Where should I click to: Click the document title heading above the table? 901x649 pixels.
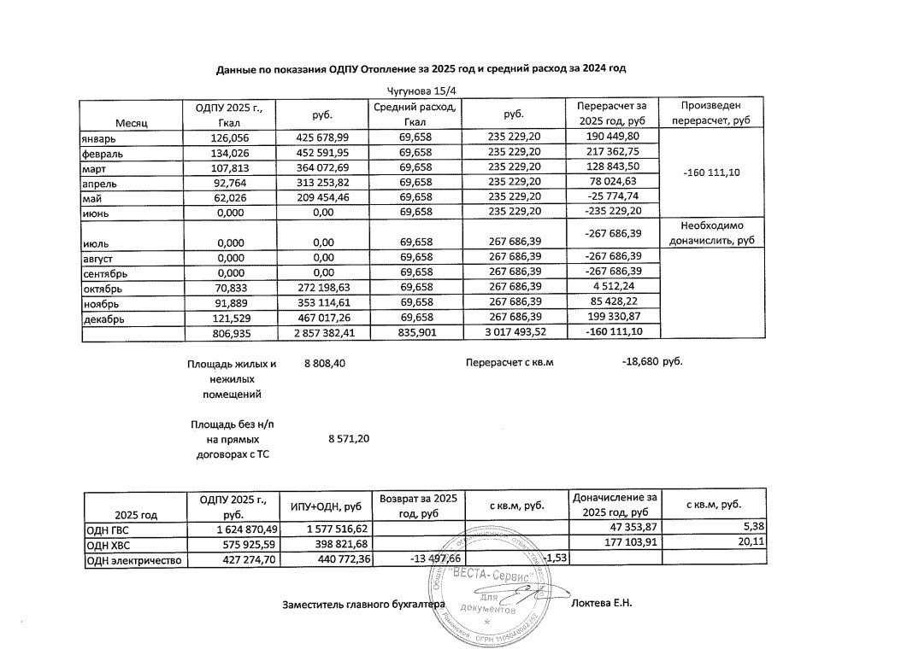[427, 67]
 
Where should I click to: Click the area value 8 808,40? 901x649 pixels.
[325, 365]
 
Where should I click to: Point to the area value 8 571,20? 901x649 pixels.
[348, 439]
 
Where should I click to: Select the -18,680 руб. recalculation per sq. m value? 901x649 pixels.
[651, 362]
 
